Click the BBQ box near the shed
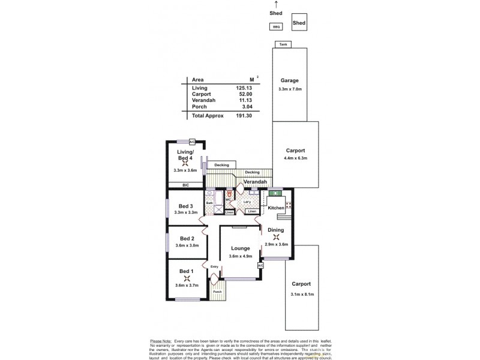coord(277,26)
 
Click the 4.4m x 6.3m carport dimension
coord(295,158)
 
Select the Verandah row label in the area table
coord(203,100)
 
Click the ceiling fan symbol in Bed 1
coord(187,278)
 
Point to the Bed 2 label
coord(187,239)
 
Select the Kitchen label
coord(275,208)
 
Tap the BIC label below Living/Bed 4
coord(186,185)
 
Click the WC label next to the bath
coord(228,200)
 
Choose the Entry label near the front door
coord(214,266)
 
